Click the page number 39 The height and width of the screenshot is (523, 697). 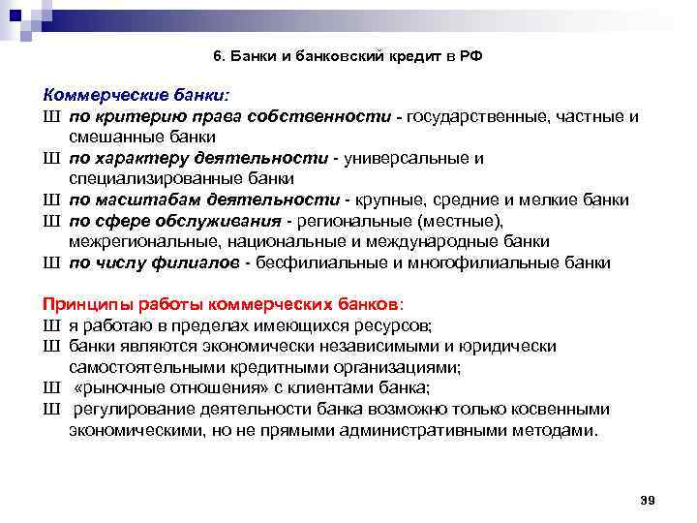coord(649,499)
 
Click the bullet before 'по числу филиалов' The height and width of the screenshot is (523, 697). coord(51,261)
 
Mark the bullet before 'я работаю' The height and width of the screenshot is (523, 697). coord(51,325)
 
